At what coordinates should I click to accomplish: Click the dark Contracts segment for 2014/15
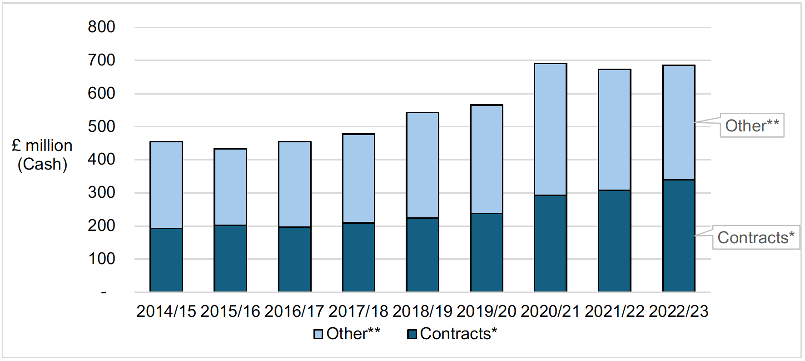(166, 260)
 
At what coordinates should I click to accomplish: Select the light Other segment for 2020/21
(550, 130)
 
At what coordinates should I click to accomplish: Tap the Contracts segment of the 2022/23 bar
(678, 236)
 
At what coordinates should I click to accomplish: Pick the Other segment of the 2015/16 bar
(230, 187)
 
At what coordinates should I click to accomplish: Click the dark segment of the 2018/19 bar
(422, 255)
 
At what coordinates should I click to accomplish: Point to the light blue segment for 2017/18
(358, 178)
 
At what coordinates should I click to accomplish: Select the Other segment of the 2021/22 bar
(614, 130)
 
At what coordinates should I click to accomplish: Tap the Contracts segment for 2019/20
(486, 252)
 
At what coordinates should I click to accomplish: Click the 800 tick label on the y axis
(101, 27)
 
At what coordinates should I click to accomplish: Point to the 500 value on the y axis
(101, 126)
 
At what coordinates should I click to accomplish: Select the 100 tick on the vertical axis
(101, 259)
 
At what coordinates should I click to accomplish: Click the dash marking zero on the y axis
(104, 292)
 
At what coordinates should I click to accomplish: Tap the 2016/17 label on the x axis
(294, 311)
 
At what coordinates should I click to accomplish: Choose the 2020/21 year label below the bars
(550, 311)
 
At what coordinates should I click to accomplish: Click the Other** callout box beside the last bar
(752, 125)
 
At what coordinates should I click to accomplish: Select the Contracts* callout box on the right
(755, 237)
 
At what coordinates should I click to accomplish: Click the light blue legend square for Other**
(318, 334)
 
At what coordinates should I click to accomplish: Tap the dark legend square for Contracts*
(412, 334)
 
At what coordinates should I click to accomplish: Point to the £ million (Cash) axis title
(42, 155)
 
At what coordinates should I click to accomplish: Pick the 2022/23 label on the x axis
(678, 311)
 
